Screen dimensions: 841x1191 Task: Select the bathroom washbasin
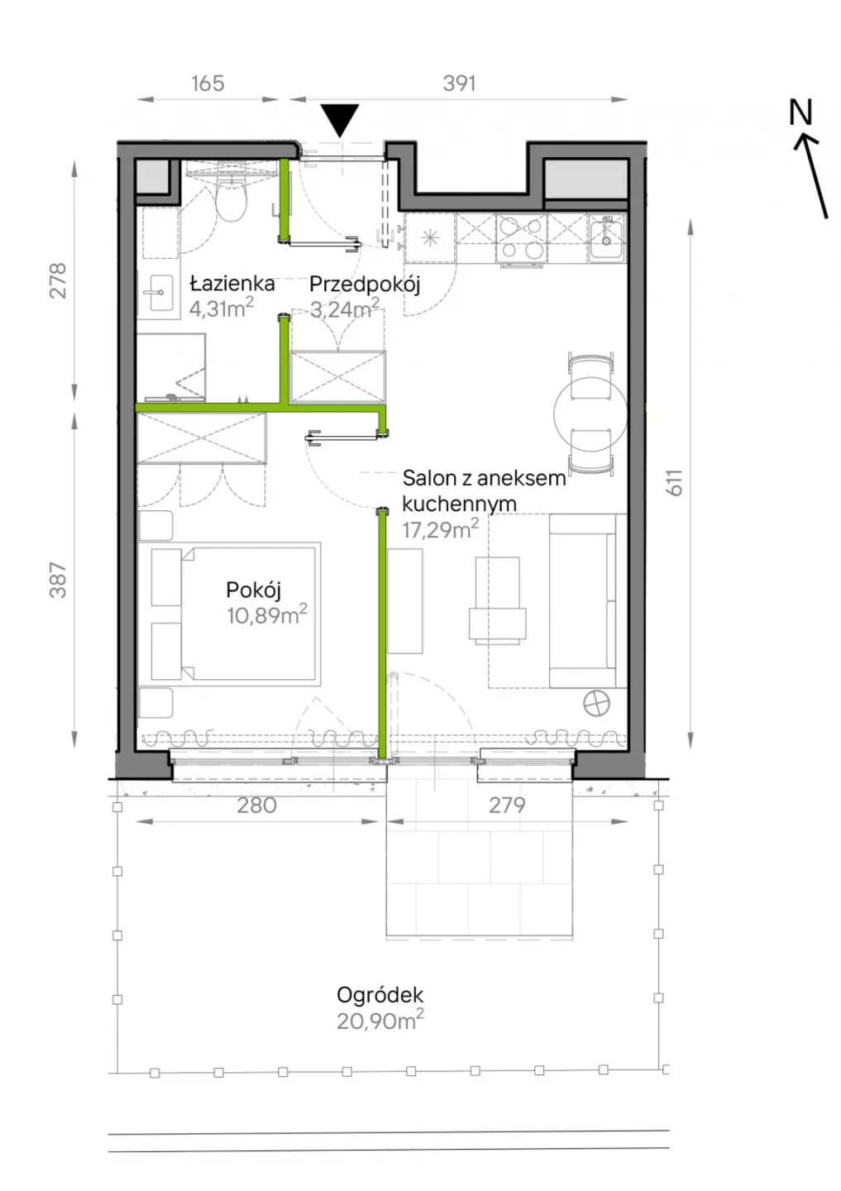pyautogui.click(x=159, y=293)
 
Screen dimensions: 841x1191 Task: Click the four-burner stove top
pyautogui.click(x=522, y=238)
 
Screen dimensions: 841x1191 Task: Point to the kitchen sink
pyautogui.click(x=608, y=237)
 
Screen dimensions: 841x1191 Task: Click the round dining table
pyautogui.click(x=590, y=413)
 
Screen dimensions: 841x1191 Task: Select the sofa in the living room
pyautogui.click(x=588, y=600)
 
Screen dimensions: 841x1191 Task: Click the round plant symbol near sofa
pyautogui.click(x=596, y=705)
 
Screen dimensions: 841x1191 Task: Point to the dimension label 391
pyautogui.click(x=459, y=84)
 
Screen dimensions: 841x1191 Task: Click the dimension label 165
pyautogui.click(x=208, y=84)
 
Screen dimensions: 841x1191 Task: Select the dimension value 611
pyautogui.click(x=675, y=483)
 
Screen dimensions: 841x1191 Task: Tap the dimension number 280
pyautogui.click(x=256, y=806)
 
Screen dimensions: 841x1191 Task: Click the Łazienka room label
pyautogui.click(x=232, y=284)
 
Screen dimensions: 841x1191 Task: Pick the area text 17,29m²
pyautogui.click(x=441, y=529)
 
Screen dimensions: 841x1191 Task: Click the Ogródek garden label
pyautogui.click(x=380, y=995)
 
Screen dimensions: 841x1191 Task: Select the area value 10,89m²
pyautogui.click(x=267, y=615)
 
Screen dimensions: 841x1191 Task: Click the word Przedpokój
pyautogui.click(x=365, y=285)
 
